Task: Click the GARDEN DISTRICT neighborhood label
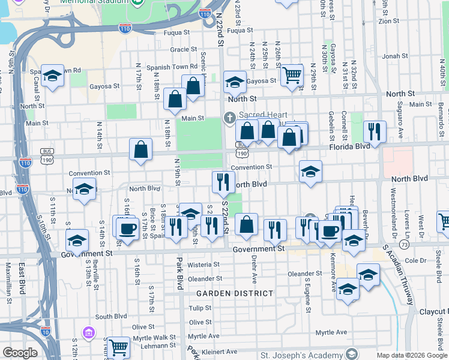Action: click(234, 293)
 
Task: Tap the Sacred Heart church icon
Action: click(229, 117)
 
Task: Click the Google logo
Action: click(20, 353)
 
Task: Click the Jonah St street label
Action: click(395, 56)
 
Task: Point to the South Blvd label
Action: click(111, 316)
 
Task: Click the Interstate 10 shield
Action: click(46, 331)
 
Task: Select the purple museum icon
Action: click(89, 332)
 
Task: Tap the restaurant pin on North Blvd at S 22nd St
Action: click(223, 181)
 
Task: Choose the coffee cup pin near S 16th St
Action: click(127, 228)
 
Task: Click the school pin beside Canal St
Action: click(53, 76)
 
